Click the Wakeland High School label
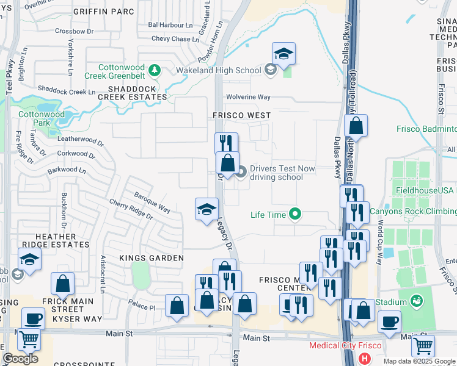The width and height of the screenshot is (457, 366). coord(210,70)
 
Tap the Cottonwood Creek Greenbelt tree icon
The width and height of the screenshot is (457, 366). coord(155,70)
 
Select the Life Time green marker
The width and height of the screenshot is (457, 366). coord(295,214)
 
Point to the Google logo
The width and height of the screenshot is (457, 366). coord(20,359)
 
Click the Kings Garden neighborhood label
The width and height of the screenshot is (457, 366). coord(144,258)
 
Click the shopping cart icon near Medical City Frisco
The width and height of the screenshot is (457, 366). coord(422,346)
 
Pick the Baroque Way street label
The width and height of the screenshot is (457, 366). coord(152,201)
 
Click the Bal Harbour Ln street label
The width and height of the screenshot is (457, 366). coord(170,26)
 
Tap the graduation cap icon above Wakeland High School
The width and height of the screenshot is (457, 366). coord(283,54)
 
